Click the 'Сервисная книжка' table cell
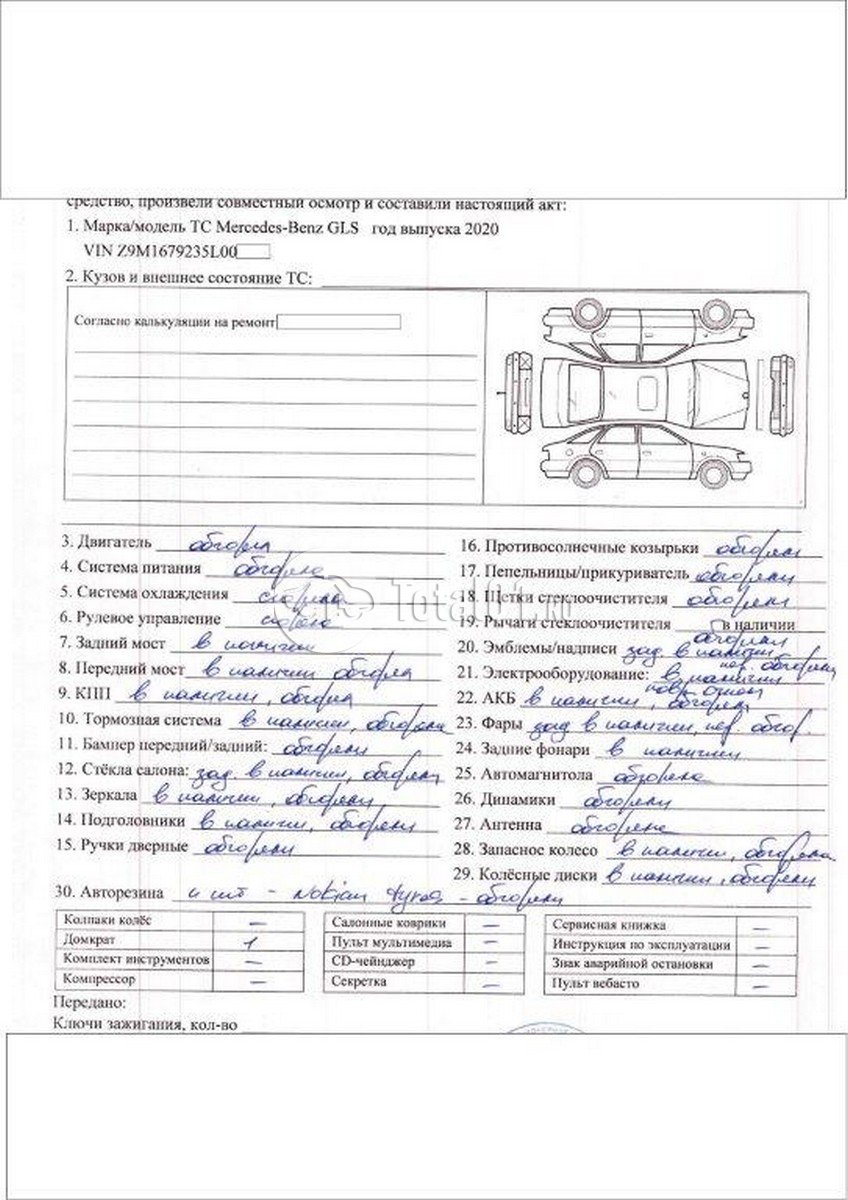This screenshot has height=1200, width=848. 600,926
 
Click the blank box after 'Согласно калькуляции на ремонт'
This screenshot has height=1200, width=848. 339,322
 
